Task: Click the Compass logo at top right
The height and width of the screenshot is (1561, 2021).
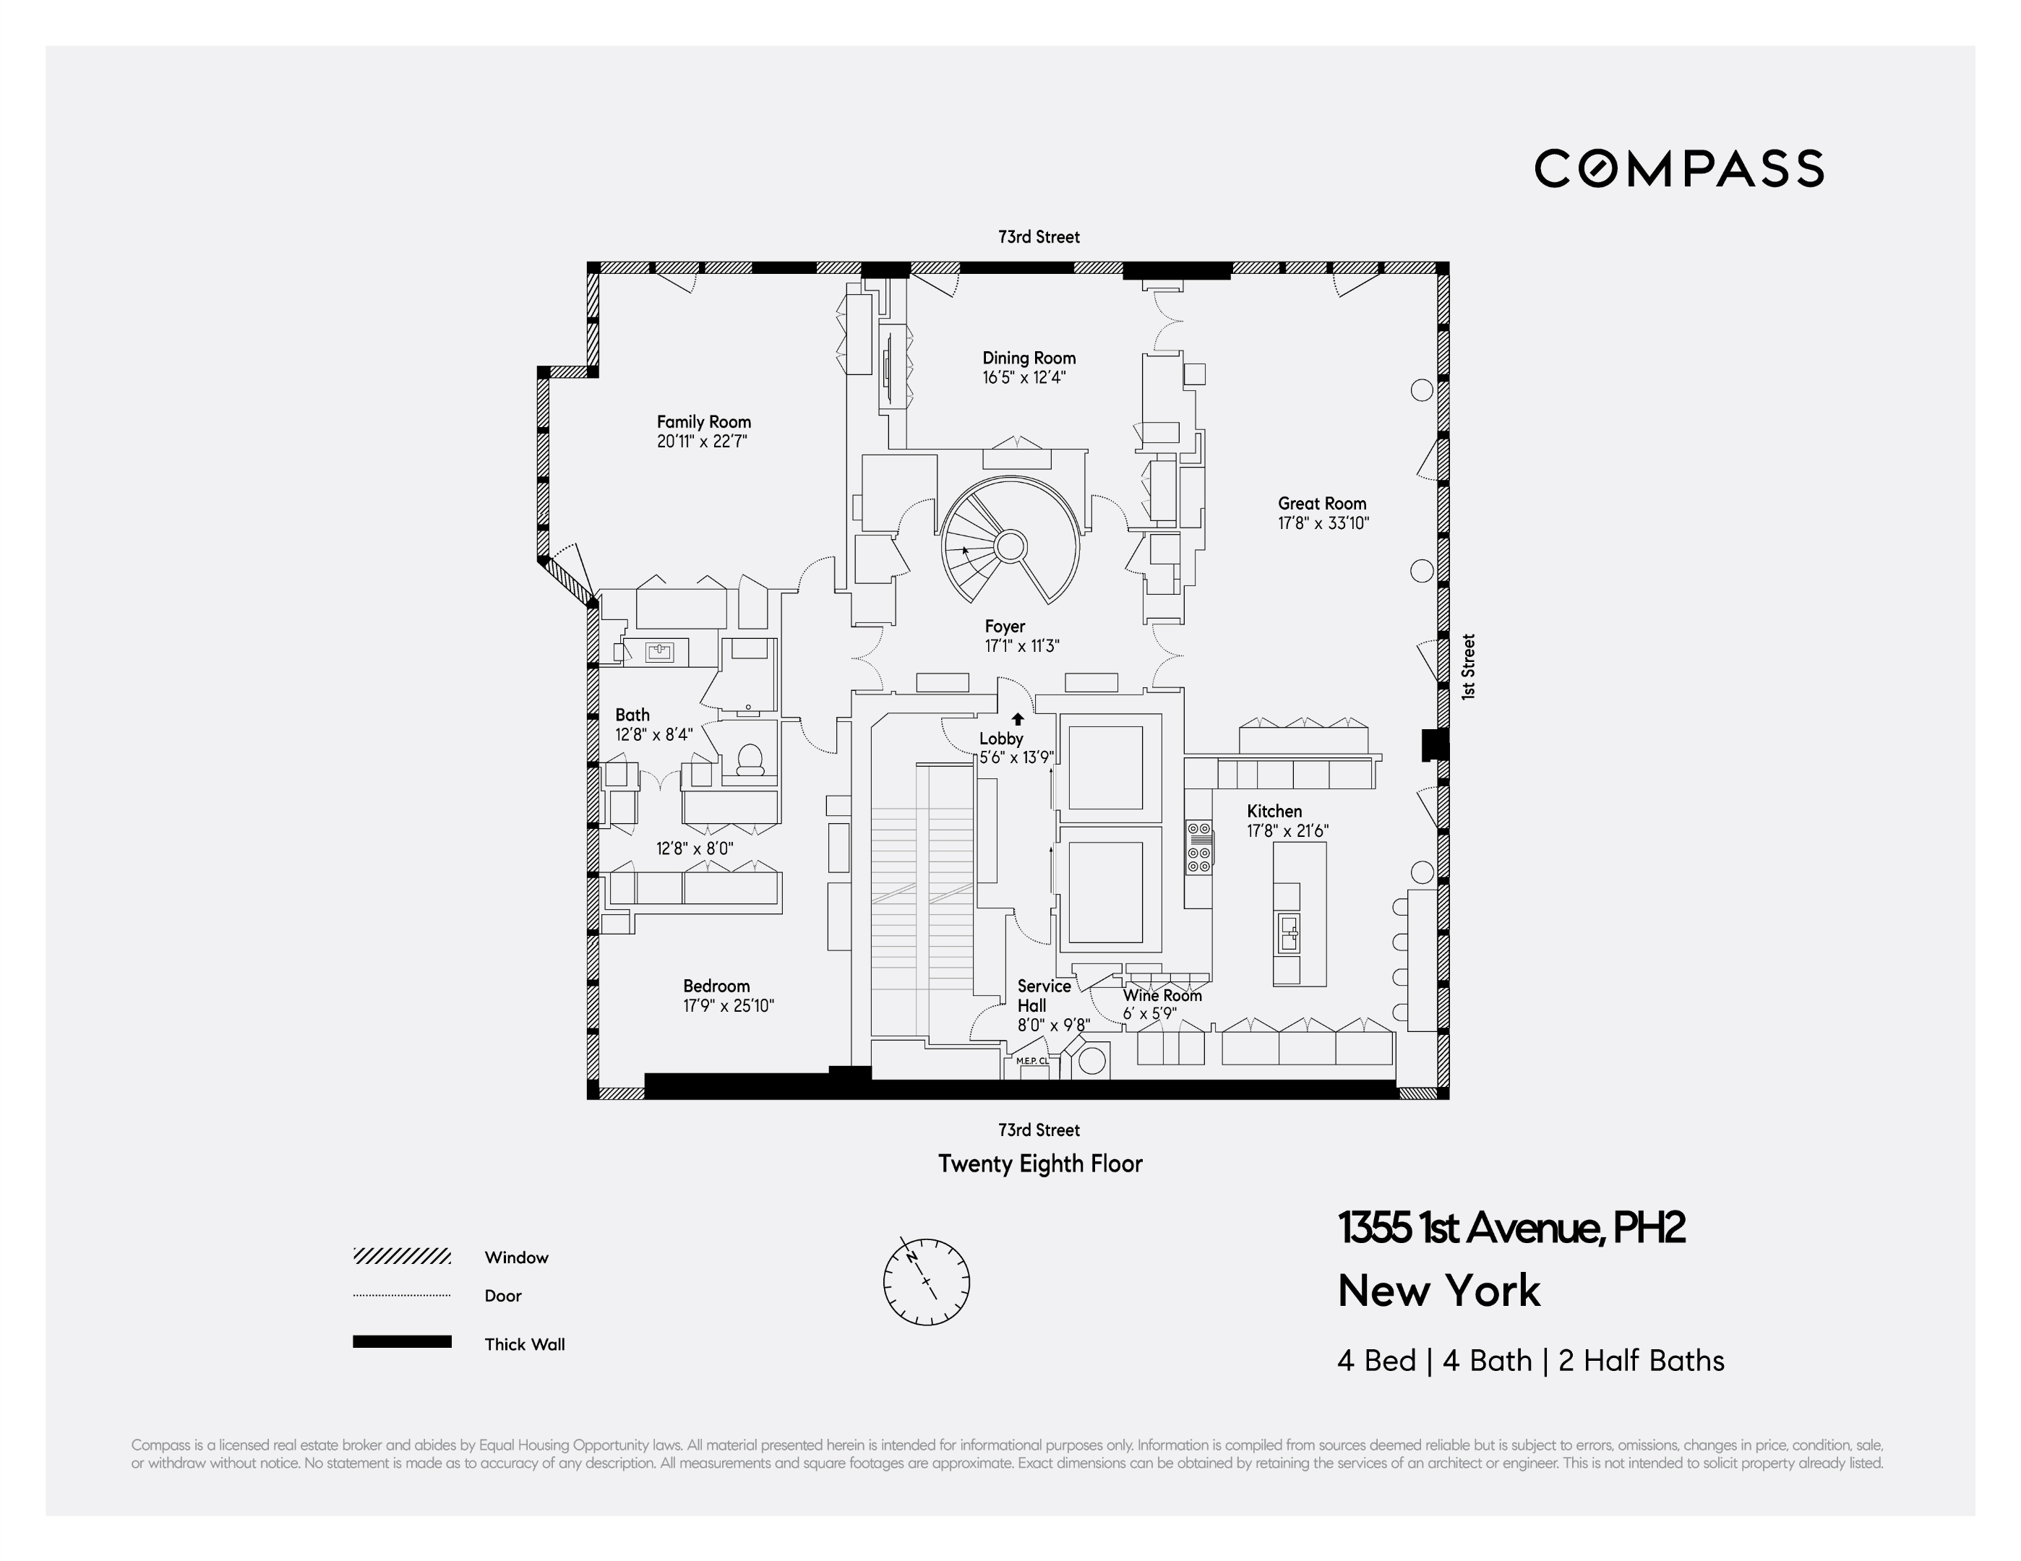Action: pyautogui.click(x=1678, y=168)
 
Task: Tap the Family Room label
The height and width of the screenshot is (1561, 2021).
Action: pyautogui.click(x=703, y=422)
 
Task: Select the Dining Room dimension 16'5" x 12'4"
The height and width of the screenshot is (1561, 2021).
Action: pyautogui.click(x=1024, y=377)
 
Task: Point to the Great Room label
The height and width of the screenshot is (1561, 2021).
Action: pyautogui.click(x=1321, y=504)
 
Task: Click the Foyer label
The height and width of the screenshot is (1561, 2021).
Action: pyautogui.click(x=1004, y=627)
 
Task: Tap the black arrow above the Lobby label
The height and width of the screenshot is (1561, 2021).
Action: pyautogui.click(x=1018, y=718)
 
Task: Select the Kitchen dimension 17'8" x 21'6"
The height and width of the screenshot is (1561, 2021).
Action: pyautogui.click(x=1287, y=831)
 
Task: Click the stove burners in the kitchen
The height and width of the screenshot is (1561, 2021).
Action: pyautogui.click(x=1198, y=848)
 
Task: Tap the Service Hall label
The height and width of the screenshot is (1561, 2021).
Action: pyautogui.click(x=1043, y=996)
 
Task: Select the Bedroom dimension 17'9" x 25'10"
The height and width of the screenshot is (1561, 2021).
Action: pyautogui.click(x=729, y=1006)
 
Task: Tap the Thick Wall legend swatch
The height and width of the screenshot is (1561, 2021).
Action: pyautogui.click(x=402, y=1342)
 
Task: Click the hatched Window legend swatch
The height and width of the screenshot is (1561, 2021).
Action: pyautogui.click(x=402, y=1257)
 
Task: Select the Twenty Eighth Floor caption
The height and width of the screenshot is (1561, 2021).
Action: pyautogui.click(x=1040, y=1164)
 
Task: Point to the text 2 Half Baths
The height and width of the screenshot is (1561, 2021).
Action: pyautogui.click(x=1641, y=1361)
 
